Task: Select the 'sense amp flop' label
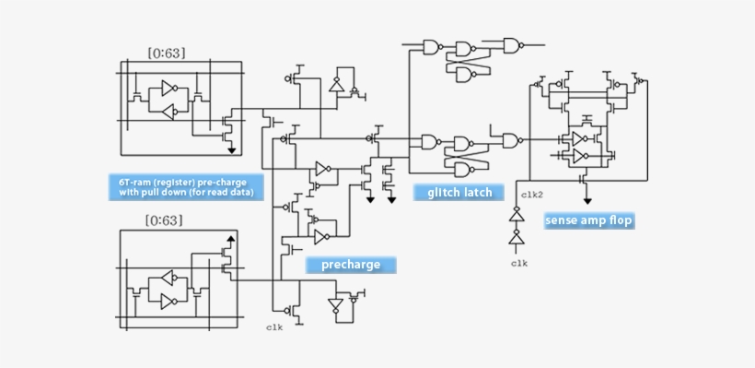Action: [x=588, y=220]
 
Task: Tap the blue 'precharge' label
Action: [x=351, y=265]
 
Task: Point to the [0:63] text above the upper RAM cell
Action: [x=166, y=53]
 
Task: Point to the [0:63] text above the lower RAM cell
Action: [x=165, y=220]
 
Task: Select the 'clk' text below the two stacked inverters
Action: [x=518, y=263]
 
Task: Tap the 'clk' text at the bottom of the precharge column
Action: [x=274, y=326]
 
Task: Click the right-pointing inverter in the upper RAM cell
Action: [x=168, y=89]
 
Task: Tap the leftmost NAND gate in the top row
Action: [x=431, y=47]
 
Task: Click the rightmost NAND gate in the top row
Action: [x=512, y=45]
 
